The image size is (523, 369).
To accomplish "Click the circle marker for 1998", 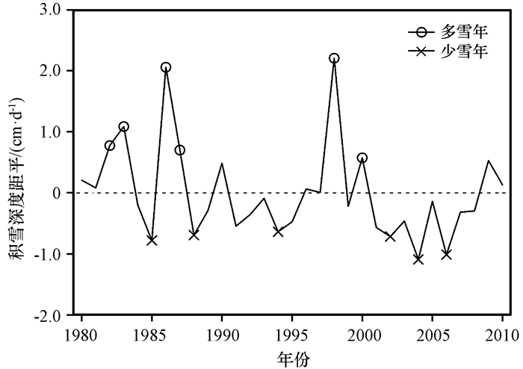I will tap(334, 58).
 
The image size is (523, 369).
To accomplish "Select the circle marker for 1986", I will tap(166, 67).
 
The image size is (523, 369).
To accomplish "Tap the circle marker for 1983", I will tap(124, 126).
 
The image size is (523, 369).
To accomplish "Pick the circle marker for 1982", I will tap(110, 146).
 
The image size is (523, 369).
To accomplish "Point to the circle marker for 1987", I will tap(180, 150).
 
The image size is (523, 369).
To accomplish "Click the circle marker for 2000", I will tap(362, 158).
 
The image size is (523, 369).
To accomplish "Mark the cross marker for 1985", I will tap(152, 240).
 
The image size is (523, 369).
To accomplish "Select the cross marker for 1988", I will tap(194, 235).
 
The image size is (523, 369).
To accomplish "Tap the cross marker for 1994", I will tap(278, 232).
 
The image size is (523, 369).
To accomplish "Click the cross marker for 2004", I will tap(418, 259).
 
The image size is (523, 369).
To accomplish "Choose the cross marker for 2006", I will tap(446, 254).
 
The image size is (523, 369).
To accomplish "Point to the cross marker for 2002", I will tap(390, 236).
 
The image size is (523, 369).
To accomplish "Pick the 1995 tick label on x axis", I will tap(292, 333).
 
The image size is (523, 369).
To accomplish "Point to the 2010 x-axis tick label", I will tap(502, 333).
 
